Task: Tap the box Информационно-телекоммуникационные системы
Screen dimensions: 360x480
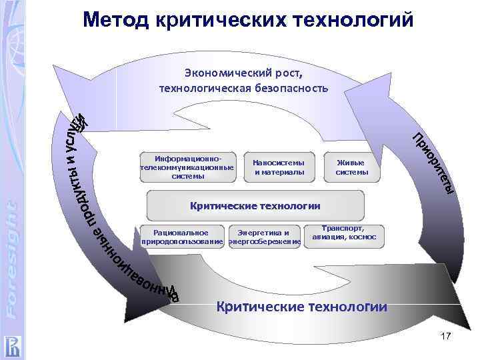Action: [187, 167]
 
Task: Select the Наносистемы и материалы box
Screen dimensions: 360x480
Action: [279, 167]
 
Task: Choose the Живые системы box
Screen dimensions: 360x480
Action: [352, 167]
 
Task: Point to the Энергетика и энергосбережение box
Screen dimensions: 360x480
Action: [265, 237]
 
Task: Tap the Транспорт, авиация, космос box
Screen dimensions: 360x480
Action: [344, 232]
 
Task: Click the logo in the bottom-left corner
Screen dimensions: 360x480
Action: [14, 344]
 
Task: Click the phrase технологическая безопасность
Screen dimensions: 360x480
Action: [243, 87]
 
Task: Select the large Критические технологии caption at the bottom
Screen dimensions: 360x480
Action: [301, 307]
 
